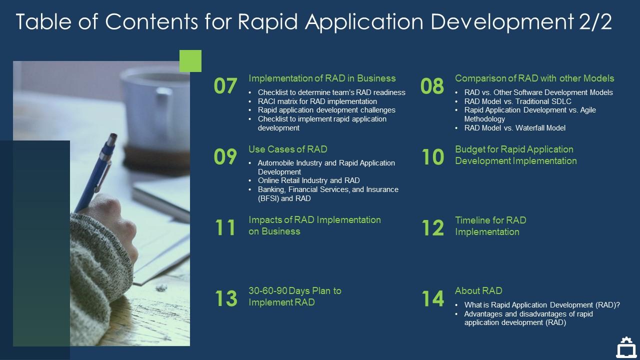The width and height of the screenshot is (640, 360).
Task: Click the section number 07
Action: [225, 86]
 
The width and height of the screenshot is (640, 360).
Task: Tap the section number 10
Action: [432, 157]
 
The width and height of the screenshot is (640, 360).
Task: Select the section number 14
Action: [432, 298]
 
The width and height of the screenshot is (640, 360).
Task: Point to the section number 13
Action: [225, 298]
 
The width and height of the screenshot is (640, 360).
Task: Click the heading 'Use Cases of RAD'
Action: [287, 149]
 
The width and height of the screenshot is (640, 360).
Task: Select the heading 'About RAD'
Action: [478, 290]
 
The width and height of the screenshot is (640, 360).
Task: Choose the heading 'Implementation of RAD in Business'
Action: [322, 78]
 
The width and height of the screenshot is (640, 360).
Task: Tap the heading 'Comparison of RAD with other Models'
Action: [534, 78]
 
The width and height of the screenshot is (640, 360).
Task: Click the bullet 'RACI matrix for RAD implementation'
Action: [317, 101]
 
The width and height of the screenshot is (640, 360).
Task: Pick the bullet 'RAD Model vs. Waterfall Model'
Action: [514, 128]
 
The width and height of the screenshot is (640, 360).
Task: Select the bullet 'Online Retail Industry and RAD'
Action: [308, 180]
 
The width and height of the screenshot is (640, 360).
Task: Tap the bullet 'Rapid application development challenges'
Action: [326, 110]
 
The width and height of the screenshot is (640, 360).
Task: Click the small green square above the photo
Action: [190, 61]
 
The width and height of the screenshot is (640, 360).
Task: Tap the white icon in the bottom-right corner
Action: [625, 347]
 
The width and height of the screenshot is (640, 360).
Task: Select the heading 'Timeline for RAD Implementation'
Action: [490, 226]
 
